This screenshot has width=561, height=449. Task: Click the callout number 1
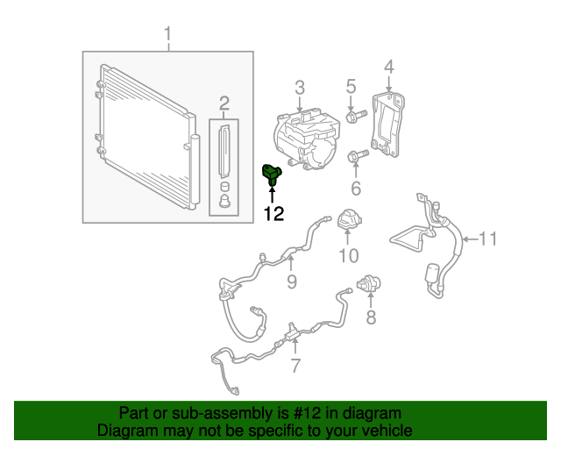click(x=168, y=36)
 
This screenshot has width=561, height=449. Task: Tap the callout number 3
click(x=300, y=87)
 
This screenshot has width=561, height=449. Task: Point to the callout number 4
click(x=388, y=66)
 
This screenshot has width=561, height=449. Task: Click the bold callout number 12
click(x=273, y=213)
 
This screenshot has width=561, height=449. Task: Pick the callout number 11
click(x=487, y=238)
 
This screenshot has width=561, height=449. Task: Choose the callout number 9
click(x=292, y=282)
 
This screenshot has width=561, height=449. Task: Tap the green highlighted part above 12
click(x=273, y=175)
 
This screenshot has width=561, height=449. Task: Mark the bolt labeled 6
click(x=357, y=158)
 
